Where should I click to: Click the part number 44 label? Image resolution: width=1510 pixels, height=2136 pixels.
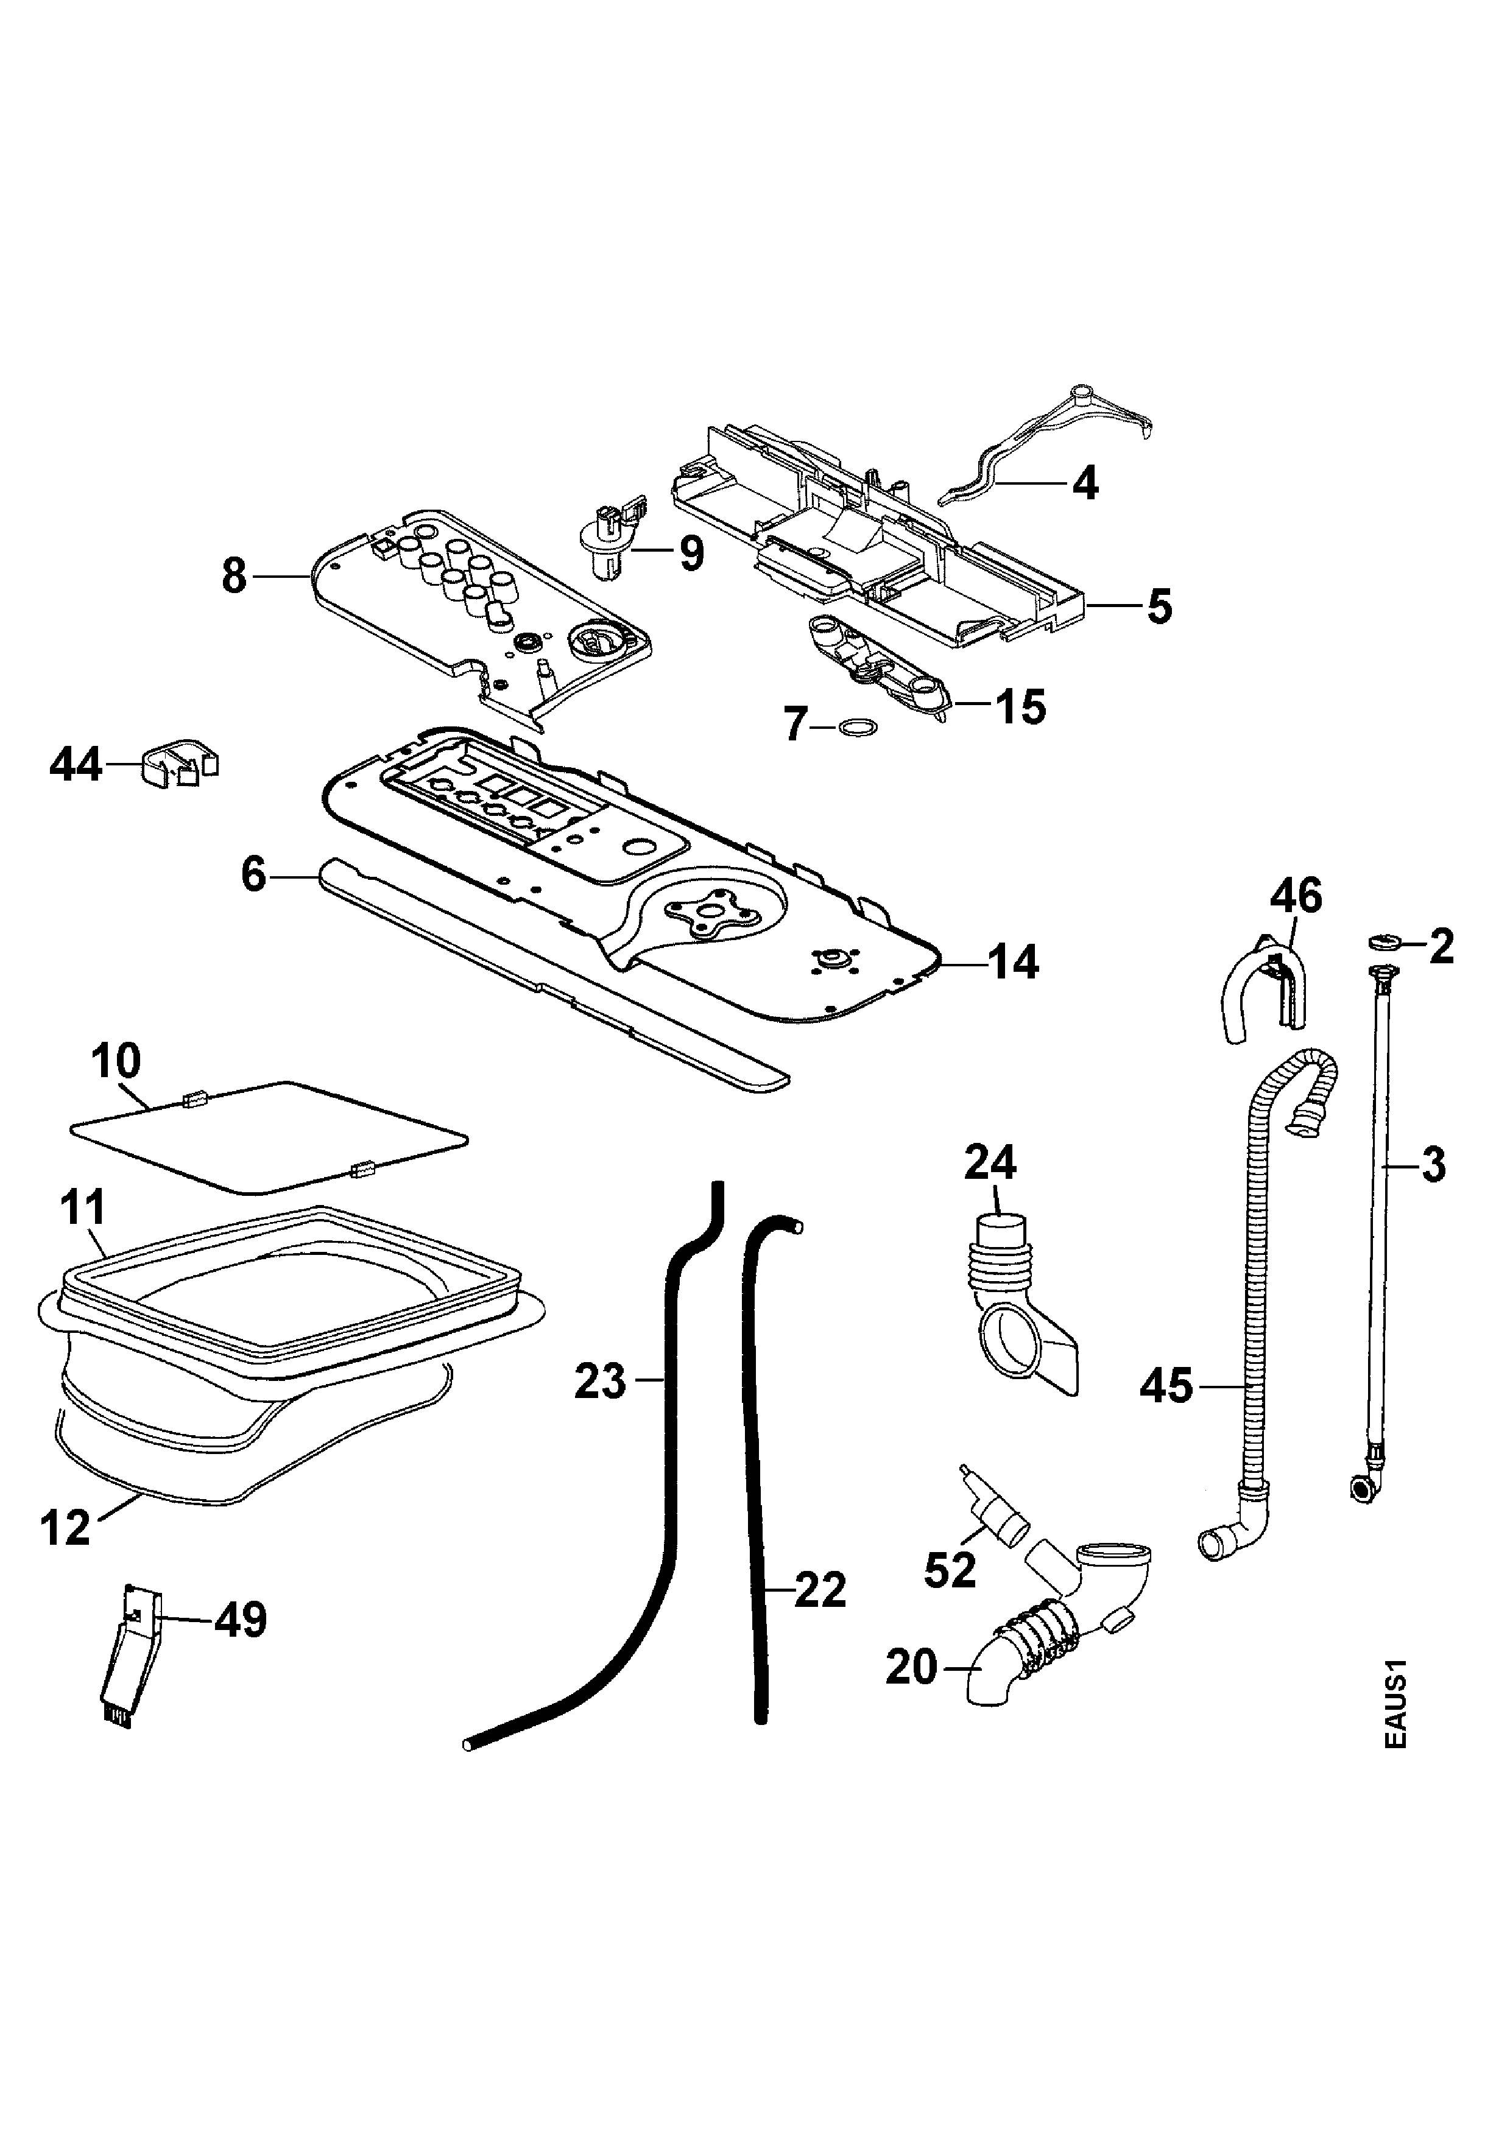76,767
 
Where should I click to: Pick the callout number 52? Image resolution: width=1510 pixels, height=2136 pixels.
950,1572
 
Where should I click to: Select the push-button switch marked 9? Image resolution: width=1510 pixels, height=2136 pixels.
609,539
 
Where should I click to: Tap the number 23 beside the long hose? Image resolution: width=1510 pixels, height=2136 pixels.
600,1382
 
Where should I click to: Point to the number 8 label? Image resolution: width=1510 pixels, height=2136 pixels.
235,577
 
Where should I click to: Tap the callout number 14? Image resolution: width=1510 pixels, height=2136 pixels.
1012,962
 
